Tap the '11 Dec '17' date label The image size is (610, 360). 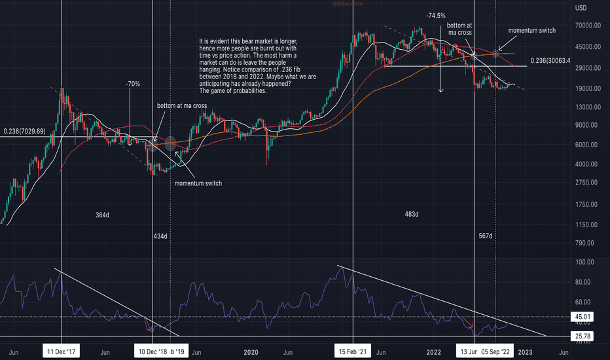click(x=61, y=351)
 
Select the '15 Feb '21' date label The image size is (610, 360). click(x=353, y=351)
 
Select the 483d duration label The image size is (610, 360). click(x=412, y=214)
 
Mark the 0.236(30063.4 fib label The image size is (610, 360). click(x=560, y=60)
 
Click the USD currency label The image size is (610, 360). click(x=580, y=8)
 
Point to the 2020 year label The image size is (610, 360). click(x=251, y=351)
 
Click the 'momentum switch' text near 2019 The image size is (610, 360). click(x=198, y=183)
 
